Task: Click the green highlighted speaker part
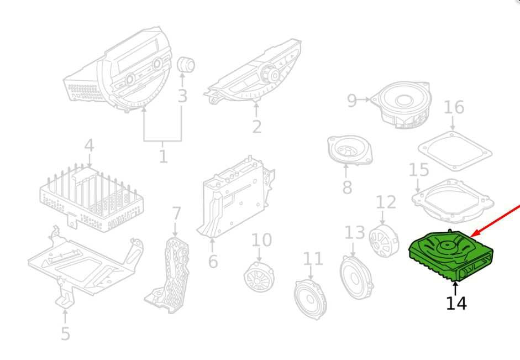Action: [x=451, y=255]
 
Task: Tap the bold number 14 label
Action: [x=456, y=303]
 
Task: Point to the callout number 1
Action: [x=163, y=156]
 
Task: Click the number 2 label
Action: [x=256, y=127]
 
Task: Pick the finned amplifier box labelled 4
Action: [x=92, y=198]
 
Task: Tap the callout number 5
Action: [x=65, y=333]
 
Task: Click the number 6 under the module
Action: [x=213, y=261]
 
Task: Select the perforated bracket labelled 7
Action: [x=168, y=275]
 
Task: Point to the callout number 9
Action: [x=351, y=101]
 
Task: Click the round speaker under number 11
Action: [x=311, y=299]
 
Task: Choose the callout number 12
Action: [x=386, y=202]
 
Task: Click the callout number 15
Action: [x=419, y=170]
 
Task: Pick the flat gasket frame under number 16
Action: [x=455, y=151]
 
